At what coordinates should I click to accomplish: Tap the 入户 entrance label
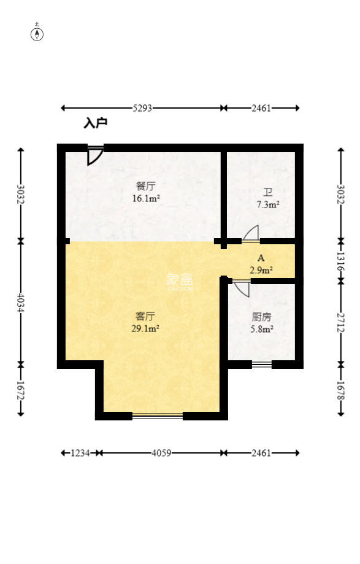(96, 123)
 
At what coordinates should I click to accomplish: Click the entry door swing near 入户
(94, 156)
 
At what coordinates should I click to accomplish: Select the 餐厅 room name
(145, 186)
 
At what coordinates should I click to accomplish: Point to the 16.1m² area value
(146, 198)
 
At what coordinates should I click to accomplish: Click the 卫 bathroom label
(267, 192)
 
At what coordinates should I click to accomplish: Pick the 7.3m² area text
(267, 204)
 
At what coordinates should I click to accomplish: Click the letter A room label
(261, 258)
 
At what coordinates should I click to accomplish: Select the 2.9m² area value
(261, 269)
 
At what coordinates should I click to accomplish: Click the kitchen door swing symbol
(242, 288)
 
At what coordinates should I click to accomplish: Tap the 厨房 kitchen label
(261, 317)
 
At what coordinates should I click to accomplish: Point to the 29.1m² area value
(146, 328)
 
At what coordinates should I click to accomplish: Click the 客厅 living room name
(145, 316)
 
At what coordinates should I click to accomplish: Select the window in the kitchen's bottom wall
(262, 365)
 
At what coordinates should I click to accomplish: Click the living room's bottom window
(158, 416)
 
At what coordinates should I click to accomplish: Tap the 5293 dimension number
(142, 108)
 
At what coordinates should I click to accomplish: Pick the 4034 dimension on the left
(21, 301)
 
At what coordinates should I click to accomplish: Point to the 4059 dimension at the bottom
(161, 453)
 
